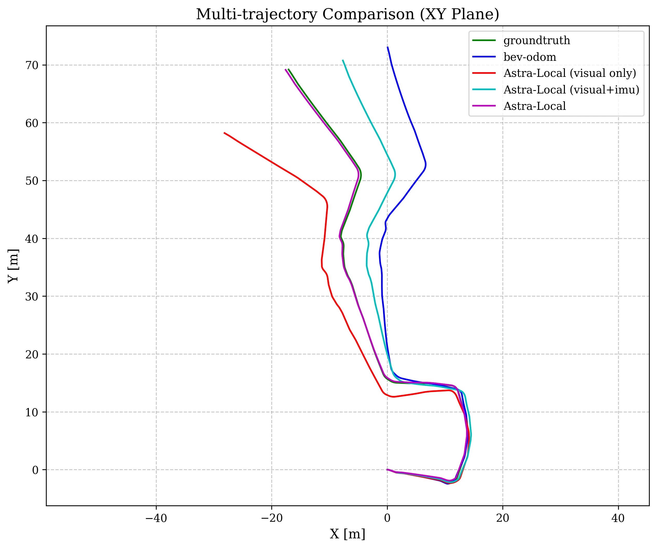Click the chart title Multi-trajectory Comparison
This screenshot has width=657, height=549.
point(347,14)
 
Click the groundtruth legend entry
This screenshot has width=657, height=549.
point(537,41)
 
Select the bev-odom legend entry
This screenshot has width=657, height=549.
point(530,57)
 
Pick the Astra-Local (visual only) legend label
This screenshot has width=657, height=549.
point(569,73)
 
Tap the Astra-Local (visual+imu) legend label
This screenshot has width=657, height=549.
point(571,90)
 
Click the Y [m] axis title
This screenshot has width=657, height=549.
point(13,266)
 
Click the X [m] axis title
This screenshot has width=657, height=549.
point(347,534)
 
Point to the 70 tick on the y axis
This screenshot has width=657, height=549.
point(32,65)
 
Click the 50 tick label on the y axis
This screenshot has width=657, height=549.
point(32,181)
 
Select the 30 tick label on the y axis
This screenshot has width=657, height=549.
point(32,296)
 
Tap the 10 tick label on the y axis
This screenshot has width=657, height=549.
point(32,412)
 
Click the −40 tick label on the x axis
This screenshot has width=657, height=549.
point(156,518)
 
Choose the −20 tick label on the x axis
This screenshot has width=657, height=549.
point(272,518)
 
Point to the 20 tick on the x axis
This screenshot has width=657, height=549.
point(502,518)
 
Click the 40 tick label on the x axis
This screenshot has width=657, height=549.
point(618,518)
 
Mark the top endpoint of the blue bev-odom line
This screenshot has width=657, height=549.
point(388,47)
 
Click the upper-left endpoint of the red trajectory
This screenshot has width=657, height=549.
point(224,133)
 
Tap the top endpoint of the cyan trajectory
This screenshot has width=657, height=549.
point(343,60)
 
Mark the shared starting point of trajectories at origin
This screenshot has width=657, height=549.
point(387,470)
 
